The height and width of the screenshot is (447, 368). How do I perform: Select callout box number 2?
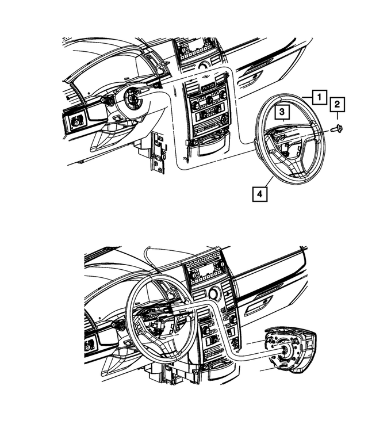(x=338, y=105)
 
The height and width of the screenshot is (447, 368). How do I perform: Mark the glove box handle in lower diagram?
(x=266, y=302)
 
